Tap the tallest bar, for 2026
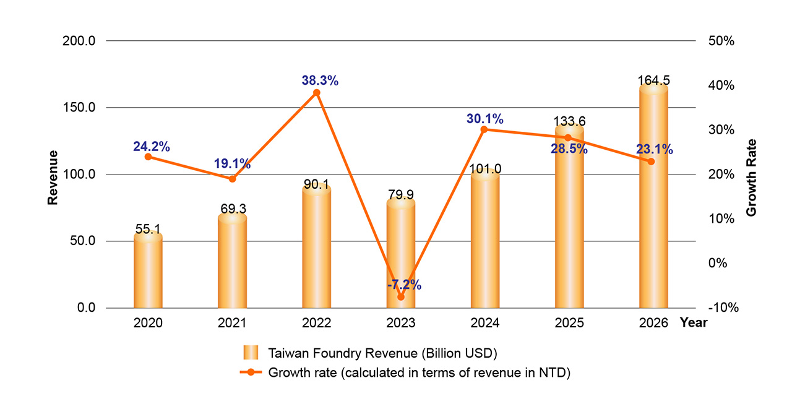coord(653,198)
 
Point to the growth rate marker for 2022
coord(317,93)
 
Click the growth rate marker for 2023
coord(401,297)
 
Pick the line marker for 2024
coord(484,129)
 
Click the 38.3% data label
coord(320,80)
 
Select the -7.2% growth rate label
coord(404,285)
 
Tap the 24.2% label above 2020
coord(151,147)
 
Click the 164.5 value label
coord(653,80)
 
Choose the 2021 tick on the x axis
coord(232,323)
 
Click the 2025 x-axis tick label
coord(569,323)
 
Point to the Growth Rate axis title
coord(751,177)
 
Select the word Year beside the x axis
coord(693,323)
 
